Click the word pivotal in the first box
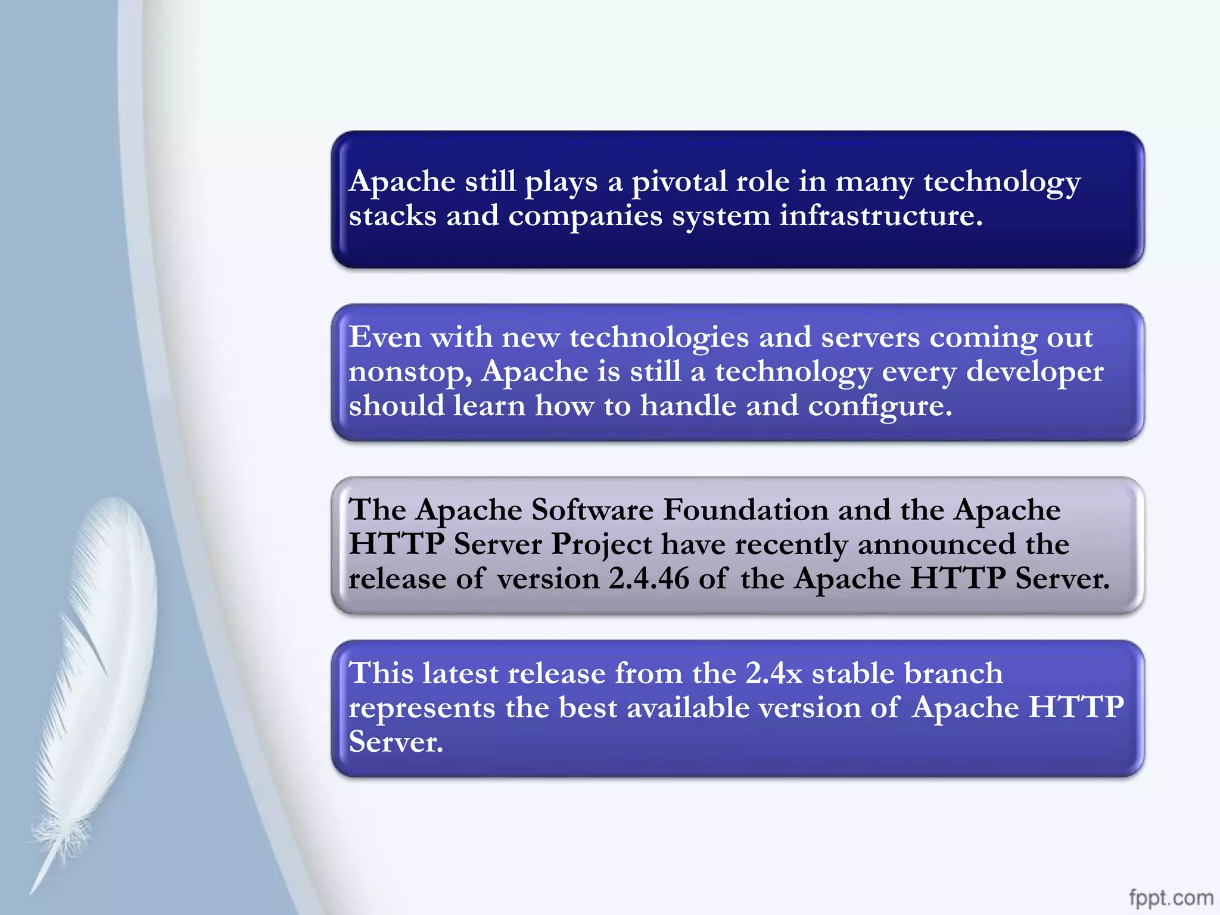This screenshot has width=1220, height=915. pos(679,182)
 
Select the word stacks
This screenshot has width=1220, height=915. pos(393,216)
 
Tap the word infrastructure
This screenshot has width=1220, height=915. pos(880,216)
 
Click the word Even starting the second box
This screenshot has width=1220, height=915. pos(385,337)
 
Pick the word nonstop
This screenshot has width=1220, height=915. pos(410,372)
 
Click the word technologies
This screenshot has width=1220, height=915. pos(659,338)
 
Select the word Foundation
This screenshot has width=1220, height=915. pos(746,510)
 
